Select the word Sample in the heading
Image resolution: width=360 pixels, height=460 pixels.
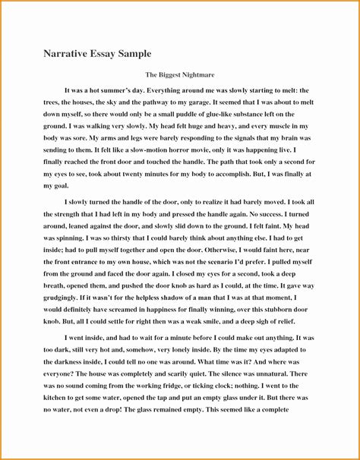point(134,55)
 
